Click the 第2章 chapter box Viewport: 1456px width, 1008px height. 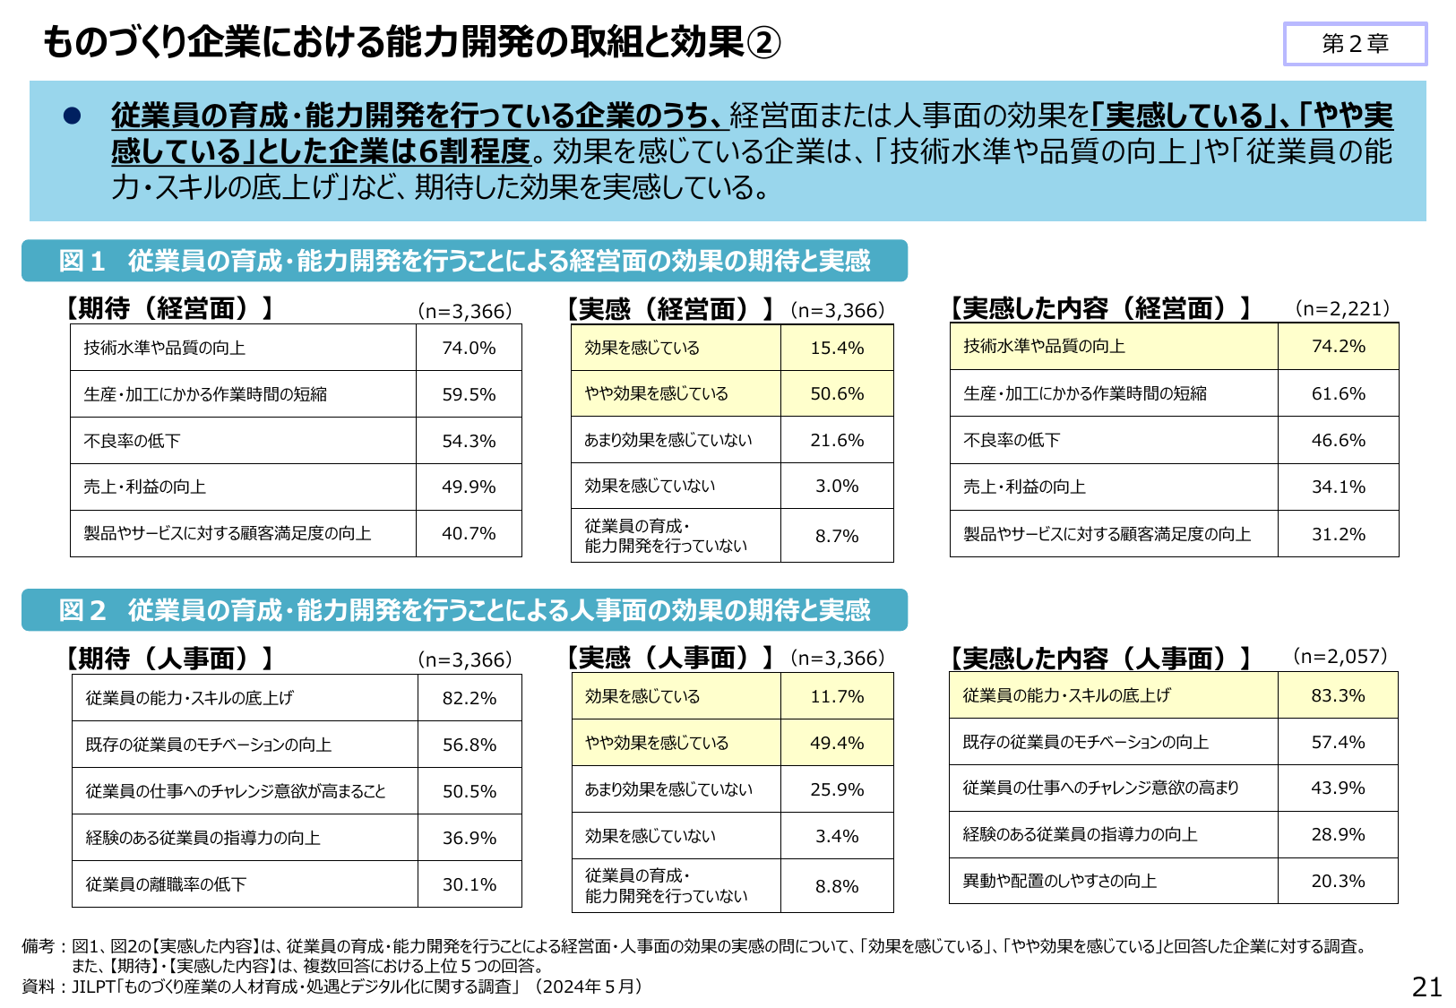point(1354,44)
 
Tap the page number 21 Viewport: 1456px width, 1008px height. point(1426,986)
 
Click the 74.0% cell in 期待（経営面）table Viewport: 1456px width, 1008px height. point(469,348)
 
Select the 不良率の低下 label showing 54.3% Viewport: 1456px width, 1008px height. point(133,441)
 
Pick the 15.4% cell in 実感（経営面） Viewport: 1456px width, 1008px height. point(837,348)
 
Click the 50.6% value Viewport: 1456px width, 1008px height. point(837,393)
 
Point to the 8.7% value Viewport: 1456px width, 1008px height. point(837,536)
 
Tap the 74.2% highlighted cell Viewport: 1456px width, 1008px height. point(1338,346)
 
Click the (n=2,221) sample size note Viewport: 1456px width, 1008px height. point(1342,308)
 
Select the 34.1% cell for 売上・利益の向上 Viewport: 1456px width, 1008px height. point(1338,487)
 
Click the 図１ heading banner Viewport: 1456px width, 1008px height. point(464,261)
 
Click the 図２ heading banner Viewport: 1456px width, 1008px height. point(464,610)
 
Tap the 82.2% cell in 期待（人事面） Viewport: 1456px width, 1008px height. point(469,698)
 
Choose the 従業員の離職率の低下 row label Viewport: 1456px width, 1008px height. point(166,884)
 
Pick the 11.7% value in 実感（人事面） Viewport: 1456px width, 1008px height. point(837,696)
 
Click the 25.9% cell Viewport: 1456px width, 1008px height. point(837,789)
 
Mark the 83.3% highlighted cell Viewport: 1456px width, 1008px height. point(1338,695)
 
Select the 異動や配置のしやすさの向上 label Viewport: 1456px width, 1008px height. point(1059,881)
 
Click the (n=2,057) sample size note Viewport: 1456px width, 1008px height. point(1340,656)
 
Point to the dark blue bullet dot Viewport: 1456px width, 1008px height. point(73,116)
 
